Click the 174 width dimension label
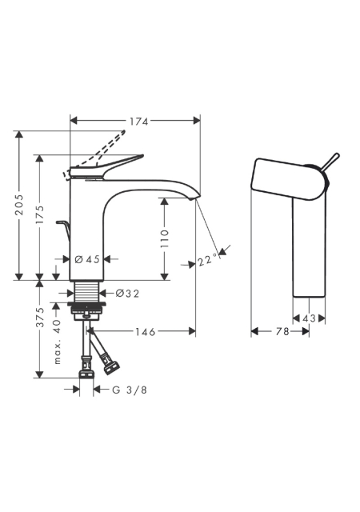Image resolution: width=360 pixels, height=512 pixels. (x=139, y=122)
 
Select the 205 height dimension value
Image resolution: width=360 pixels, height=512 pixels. (x=20, y=205)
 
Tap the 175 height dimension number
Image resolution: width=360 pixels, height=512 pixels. (x=39, y=214)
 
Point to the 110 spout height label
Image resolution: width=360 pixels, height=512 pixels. (x=165, y=238)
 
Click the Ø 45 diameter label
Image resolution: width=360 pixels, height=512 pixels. (x=87, y=259)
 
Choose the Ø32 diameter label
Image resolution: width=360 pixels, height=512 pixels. (x=127, y=294)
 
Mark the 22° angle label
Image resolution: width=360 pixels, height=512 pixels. (x=207, y=260)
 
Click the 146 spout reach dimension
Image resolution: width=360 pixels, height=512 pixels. (x=146, y=332)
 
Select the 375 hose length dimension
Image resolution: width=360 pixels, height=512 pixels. (x=39, y=317)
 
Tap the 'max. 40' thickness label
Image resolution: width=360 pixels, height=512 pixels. (x=57, y=342)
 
